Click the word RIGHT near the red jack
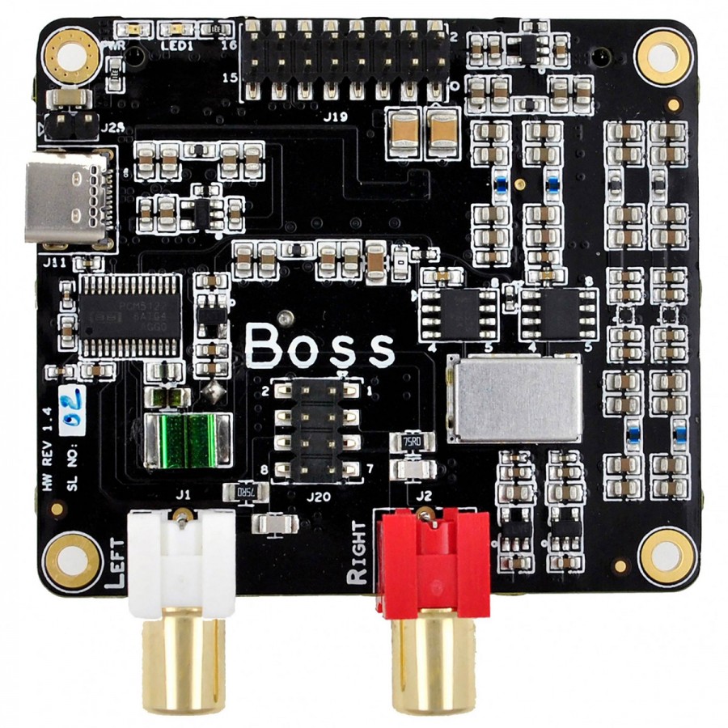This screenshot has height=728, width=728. click(357, 554)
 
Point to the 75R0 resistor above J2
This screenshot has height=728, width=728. click(413, 441)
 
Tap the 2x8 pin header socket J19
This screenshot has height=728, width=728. click(346, 57)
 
